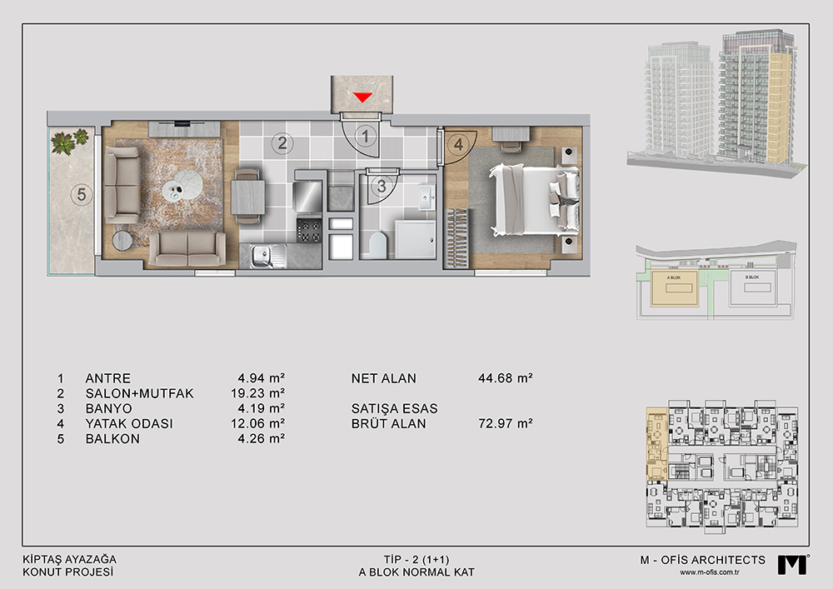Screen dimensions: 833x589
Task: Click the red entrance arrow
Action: tap(363, 97)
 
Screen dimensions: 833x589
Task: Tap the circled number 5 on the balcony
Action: tap(82, 194)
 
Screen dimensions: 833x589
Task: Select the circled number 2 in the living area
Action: tap(282, 142)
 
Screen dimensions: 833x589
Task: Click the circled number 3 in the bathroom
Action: tap(382, 187)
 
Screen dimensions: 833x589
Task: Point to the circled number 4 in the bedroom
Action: tap(458, 144)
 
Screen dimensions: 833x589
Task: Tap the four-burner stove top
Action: tap(309, 231)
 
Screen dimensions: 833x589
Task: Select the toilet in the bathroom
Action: tap(378, 244)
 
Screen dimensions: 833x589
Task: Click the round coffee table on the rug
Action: tap(182, 185)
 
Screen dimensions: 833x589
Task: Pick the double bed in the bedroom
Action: tap(534, 199)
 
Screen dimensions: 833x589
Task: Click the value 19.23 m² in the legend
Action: tap(254, 393)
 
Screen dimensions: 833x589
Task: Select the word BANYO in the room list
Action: tap(109, 408)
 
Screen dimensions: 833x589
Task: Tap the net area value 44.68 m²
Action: tap(506, 378)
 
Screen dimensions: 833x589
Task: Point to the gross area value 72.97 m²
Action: tap(506, 423)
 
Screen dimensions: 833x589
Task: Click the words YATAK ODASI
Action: tap(129, 424)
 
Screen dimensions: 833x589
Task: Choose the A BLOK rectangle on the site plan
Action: tap(674, 287)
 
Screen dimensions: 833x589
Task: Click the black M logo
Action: tap(791, 565)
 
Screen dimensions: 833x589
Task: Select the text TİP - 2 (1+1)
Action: tap(416, 560)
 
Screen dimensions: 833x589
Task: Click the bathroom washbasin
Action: tap(426, 197)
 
